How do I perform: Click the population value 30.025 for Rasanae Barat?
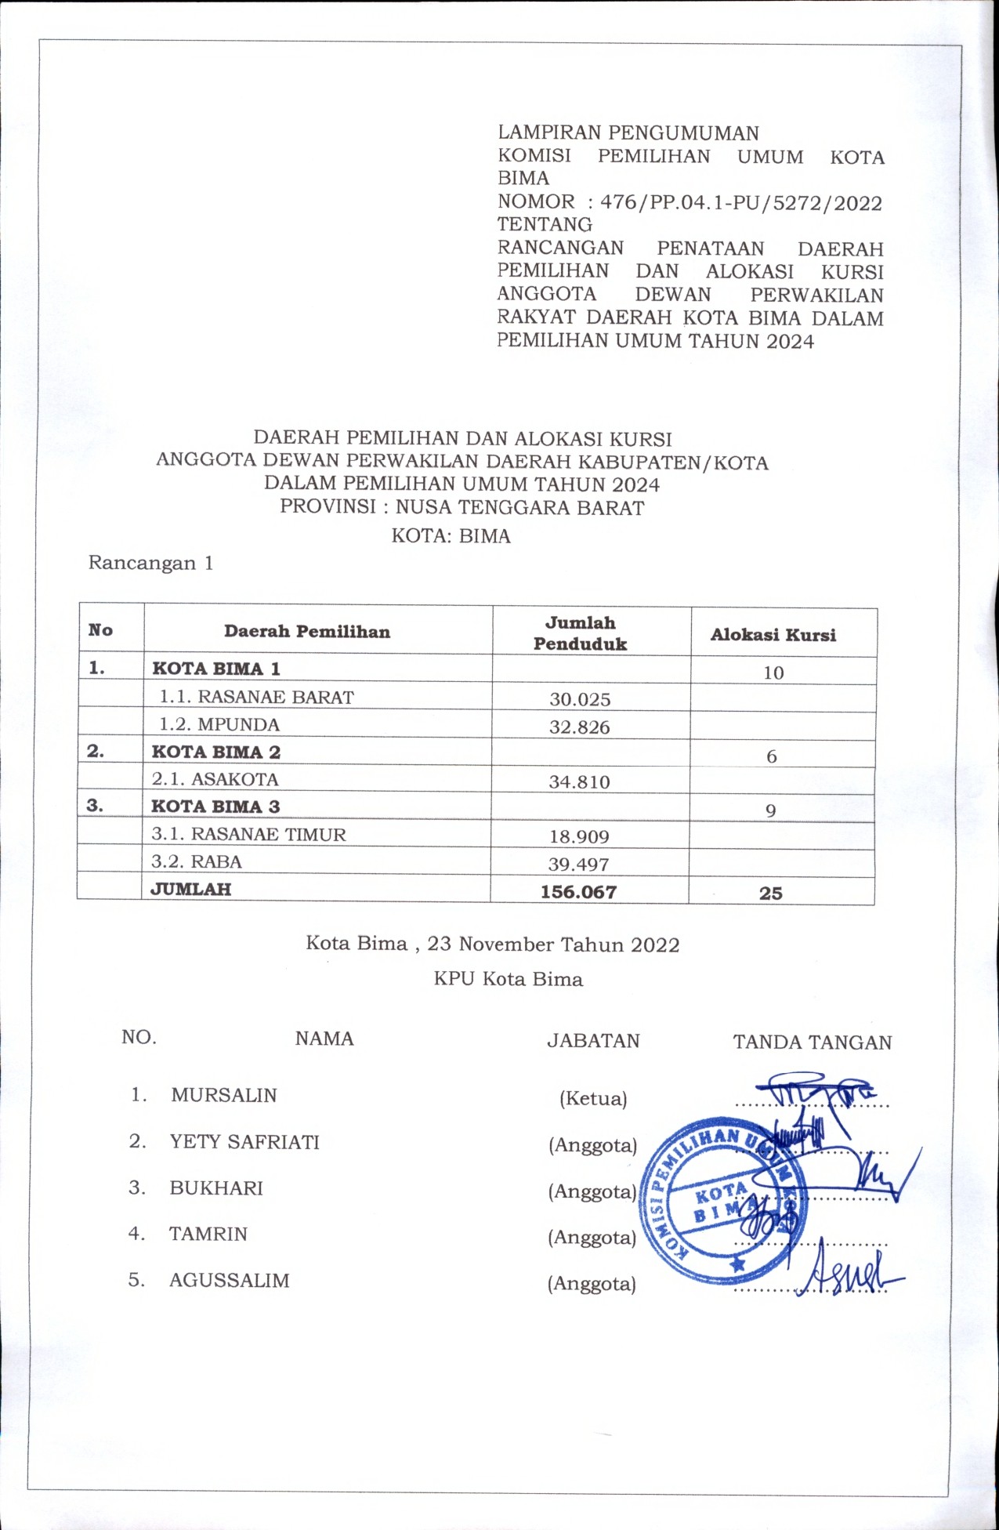click(580, 699)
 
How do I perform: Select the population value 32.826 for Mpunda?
click(580, 727)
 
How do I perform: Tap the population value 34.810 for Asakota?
click(580, 781)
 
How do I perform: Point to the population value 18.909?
click(580, 836)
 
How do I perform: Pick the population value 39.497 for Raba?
click(580, 865)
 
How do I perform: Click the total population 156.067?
click(579, 892)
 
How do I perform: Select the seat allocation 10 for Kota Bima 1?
click(773, 673)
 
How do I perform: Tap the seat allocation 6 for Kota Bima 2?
click(772, 756)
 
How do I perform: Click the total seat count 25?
click(771, 893)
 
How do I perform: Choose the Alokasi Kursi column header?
click(773, 635)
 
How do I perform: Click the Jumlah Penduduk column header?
click(581, 633)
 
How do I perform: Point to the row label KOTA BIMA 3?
click(215, 807)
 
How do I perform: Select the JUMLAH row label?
click(191, 889)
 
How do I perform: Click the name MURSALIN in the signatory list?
click(224, 1095)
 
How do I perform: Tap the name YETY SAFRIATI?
click(244, 1142)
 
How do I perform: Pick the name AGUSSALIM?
click(230, 1281)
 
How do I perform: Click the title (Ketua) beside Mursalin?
click(593, 1099)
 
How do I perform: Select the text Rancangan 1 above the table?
click(150, 563)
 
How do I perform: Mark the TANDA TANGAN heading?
click(813, 1042)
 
